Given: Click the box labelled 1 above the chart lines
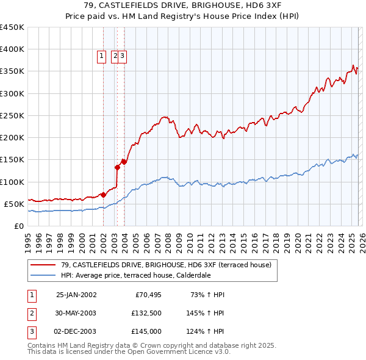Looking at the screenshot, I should [101, 56].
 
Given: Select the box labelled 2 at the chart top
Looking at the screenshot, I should [115, 56].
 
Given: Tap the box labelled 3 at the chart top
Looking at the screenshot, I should [122, 56].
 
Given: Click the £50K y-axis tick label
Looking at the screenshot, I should [15, 204].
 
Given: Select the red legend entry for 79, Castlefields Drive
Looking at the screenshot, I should [161, 264].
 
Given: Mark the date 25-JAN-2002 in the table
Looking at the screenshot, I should [76, 295].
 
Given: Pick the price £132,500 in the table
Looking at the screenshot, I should [146, 313].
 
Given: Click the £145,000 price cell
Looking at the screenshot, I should [146, 331].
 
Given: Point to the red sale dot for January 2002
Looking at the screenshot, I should [104, 195].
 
